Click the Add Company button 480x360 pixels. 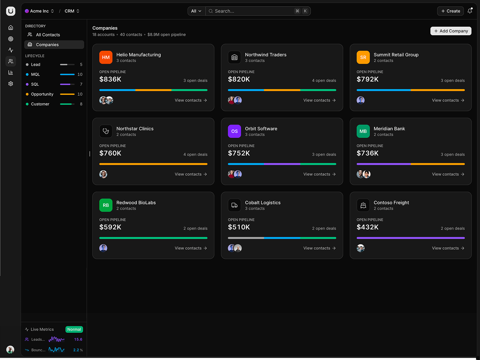point(451,31)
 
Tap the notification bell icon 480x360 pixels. point(470,11)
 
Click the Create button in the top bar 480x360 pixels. point(450,11)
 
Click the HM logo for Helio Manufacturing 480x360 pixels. point(106,57)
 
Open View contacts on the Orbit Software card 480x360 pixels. point(319,174)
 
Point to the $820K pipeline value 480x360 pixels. point(239,79)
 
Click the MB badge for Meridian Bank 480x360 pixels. point(363,131)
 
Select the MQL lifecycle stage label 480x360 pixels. point(36,74)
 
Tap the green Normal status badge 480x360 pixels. point(74,329)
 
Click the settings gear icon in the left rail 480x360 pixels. point(10,84)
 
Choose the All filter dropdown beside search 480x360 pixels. point(196,11)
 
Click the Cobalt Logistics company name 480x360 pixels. point(263,203)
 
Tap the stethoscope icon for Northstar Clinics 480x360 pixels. point(106,131)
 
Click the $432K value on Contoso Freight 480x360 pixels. point(367,227)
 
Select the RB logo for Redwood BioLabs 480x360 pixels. point(106,205)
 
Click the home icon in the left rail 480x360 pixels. point(10,28)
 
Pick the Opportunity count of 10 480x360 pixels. point(80,94)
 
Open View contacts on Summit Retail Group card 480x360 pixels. point(448,100)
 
